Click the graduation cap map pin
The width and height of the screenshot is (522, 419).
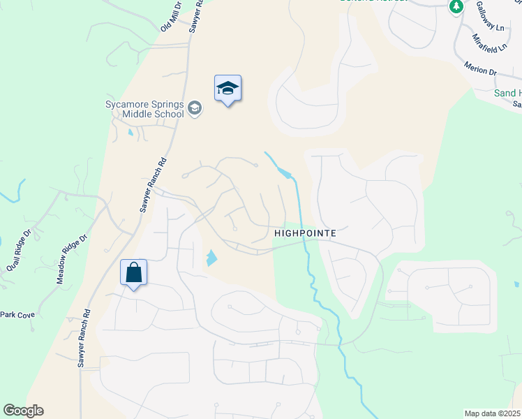[x=228, y=89]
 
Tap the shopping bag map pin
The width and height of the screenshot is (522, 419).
[x=133, y=273]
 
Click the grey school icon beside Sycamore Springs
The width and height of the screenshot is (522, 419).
[x=194, y=108]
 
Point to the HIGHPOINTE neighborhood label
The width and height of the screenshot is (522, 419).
[x=306, y=233]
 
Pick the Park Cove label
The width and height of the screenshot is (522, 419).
[x=17, y=315]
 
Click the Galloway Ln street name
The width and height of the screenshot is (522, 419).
[x=490, y=16]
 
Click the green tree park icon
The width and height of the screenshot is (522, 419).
[x=456, y=6]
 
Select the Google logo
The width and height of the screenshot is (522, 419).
[x=23, y=411]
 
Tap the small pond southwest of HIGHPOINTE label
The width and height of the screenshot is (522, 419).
[x=211, y=259]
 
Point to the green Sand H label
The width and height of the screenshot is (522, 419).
[x=507, y=93]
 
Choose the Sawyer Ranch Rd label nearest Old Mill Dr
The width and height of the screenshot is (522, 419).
[x=196, y=14]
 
